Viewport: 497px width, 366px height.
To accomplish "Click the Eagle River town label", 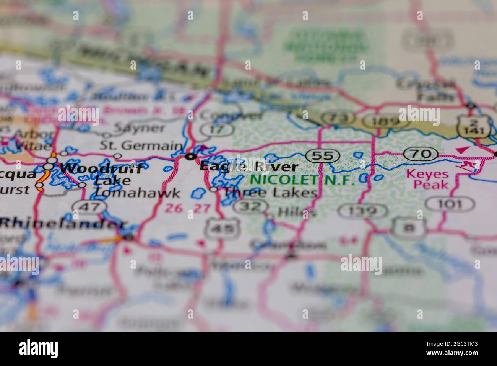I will click(249, 167).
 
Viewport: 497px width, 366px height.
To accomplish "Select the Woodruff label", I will click(102, 168).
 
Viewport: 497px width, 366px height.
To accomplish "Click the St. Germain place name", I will click(141, 146).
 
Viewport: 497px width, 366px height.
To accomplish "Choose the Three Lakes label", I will click(270, 193).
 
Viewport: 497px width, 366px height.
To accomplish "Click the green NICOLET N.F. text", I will click(302, 180).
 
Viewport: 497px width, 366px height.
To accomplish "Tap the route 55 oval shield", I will click(323, 155).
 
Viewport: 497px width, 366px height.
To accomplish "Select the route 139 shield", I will click(363, 210).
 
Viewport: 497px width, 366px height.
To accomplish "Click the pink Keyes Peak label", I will click(427, 179).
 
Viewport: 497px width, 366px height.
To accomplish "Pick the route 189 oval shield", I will click(377, 122).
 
